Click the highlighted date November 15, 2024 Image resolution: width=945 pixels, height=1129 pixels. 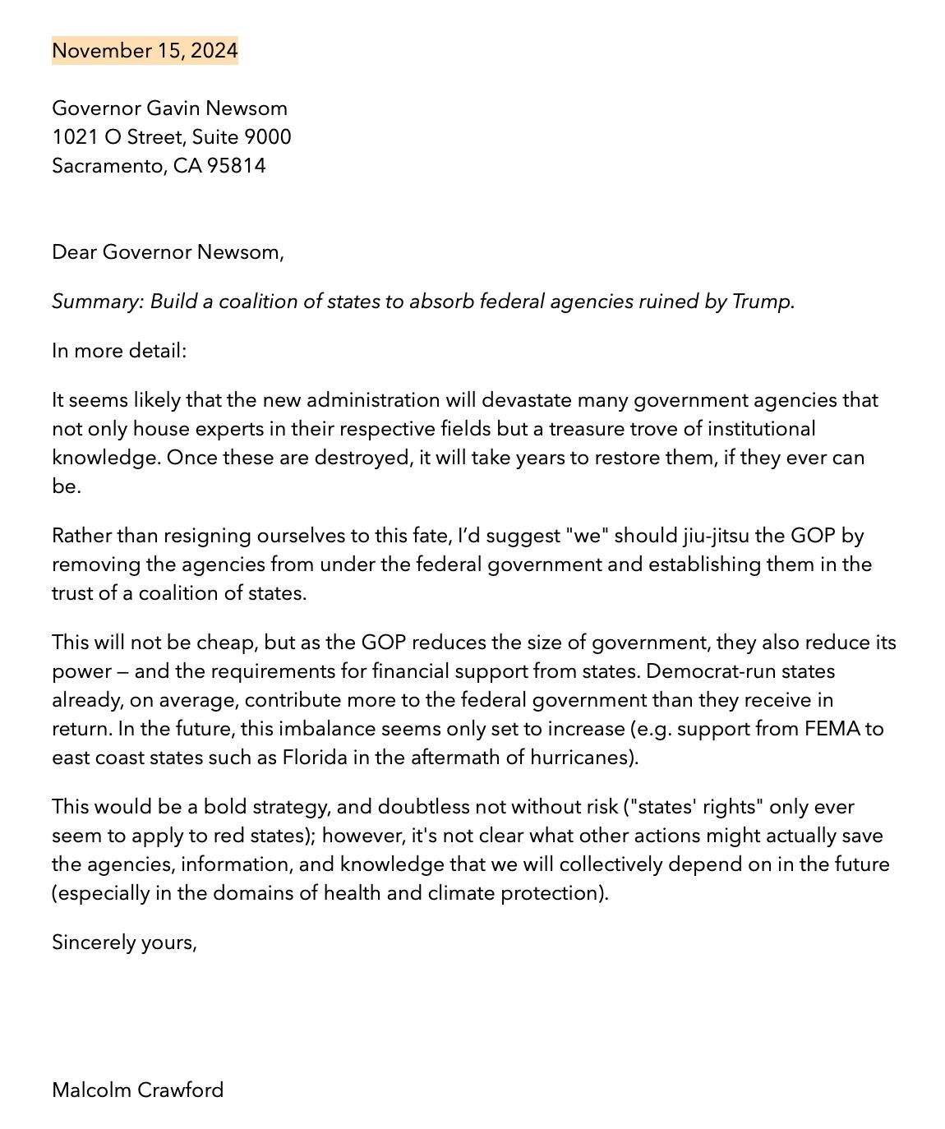(x=145, y=51)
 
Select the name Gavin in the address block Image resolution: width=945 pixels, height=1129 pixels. (x=173, y=108)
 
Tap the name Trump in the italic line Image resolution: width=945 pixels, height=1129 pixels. (x=763, y=302)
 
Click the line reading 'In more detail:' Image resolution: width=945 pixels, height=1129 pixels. (x=119, y=351)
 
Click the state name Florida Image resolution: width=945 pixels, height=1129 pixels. (x=315, y=758)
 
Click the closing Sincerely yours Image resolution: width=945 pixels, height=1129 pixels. (x=124, y=942)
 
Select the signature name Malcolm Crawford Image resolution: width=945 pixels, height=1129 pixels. (x=137, y=1090)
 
